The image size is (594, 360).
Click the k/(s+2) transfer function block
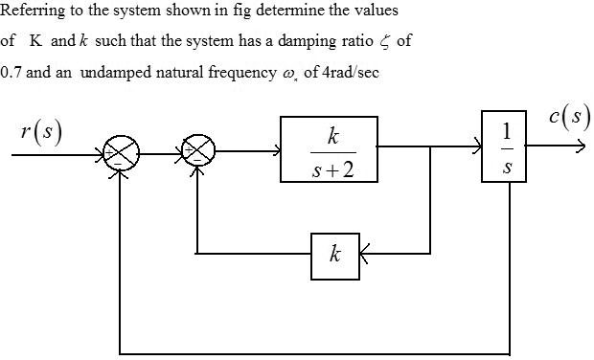329,149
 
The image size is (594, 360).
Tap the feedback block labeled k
333,255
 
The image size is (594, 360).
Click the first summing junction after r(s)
122,150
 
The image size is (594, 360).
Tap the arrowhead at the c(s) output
579,149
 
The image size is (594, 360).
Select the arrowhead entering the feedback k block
363,255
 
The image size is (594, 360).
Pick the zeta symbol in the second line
374,43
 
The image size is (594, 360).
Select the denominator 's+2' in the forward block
330,169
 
